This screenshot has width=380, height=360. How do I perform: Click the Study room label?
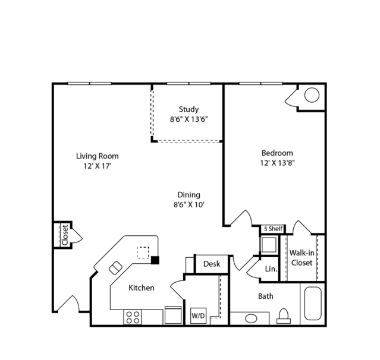coord(189,109)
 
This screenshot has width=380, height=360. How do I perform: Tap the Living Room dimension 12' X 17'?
coord(98,166)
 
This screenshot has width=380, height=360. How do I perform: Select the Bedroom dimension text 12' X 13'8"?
coord(277,163)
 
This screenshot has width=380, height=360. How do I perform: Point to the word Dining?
coord(189,195)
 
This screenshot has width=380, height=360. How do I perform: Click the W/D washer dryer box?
coord(198,315)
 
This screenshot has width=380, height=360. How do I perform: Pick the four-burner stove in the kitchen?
coord(133,317)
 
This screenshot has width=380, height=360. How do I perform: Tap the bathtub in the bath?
coord(313,304)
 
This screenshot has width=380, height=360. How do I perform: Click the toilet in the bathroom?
coord(284,316)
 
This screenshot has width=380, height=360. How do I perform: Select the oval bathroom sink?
coord(251,318)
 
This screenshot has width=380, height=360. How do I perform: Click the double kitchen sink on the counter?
coord(115,268)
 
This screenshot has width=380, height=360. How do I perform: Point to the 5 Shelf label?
coord(273,229)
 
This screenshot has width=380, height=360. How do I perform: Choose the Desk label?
coord(212,264)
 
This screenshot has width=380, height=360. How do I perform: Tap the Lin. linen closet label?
coord(271,269)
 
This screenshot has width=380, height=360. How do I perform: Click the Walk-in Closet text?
coord(302,258)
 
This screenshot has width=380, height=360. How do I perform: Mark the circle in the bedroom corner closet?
coord(312,95)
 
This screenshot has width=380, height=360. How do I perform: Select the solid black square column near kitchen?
coord(155,260)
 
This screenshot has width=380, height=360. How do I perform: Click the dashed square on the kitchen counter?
coord(143,252)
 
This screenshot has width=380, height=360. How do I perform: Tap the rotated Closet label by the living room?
coord(65,235)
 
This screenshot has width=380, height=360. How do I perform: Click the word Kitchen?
coord(142,288)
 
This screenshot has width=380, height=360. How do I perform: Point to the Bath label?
coord(266,296)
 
